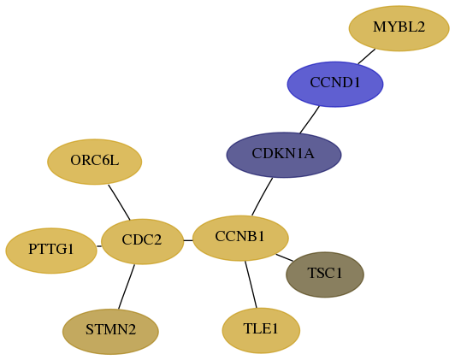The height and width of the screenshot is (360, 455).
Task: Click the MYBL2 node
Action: tap(399, 28)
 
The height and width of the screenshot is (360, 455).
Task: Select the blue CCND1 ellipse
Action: tap(335, 84)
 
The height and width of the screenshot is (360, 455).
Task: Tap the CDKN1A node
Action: tap(284, 155)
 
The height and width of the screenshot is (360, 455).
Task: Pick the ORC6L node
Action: tap(95, 162)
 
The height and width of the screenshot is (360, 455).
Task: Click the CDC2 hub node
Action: tap(142, 242)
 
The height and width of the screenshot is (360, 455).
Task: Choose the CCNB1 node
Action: tap(240, 239)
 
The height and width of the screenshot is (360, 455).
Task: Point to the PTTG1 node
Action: tap(51, 251)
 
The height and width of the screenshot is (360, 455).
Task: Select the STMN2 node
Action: tap(110, 332)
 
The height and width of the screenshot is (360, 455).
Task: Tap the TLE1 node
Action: tap(261, 330)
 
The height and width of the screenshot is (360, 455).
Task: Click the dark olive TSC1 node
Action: tap(325, 274)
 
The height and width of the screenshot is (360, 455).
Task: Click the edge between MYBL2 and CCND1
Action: tap(367, 56)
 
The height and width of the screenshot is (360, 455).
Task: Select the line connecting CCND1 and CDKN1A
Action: tap(310, 120)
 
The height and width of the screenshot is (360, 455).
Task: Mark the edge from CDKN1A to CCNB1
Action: tap(262, 197)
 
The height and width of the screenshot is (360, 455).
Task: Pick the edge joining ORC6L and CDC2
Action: tap(119, 202)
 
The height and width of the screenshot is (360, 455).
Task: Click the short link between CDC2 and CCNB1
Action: tap(188, 240)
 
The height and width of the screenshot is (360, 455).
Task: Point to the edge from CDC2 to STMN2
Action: tap(127, 287)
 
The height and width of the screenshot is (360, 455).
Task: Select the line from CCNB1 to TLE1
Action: tap(251, 284)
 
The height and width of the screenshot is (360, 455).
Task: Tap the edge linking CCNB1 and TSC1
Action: tap(284, 257)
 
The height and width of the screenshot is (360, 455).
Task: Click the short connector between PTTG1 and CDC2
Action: tap(99, 246)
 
